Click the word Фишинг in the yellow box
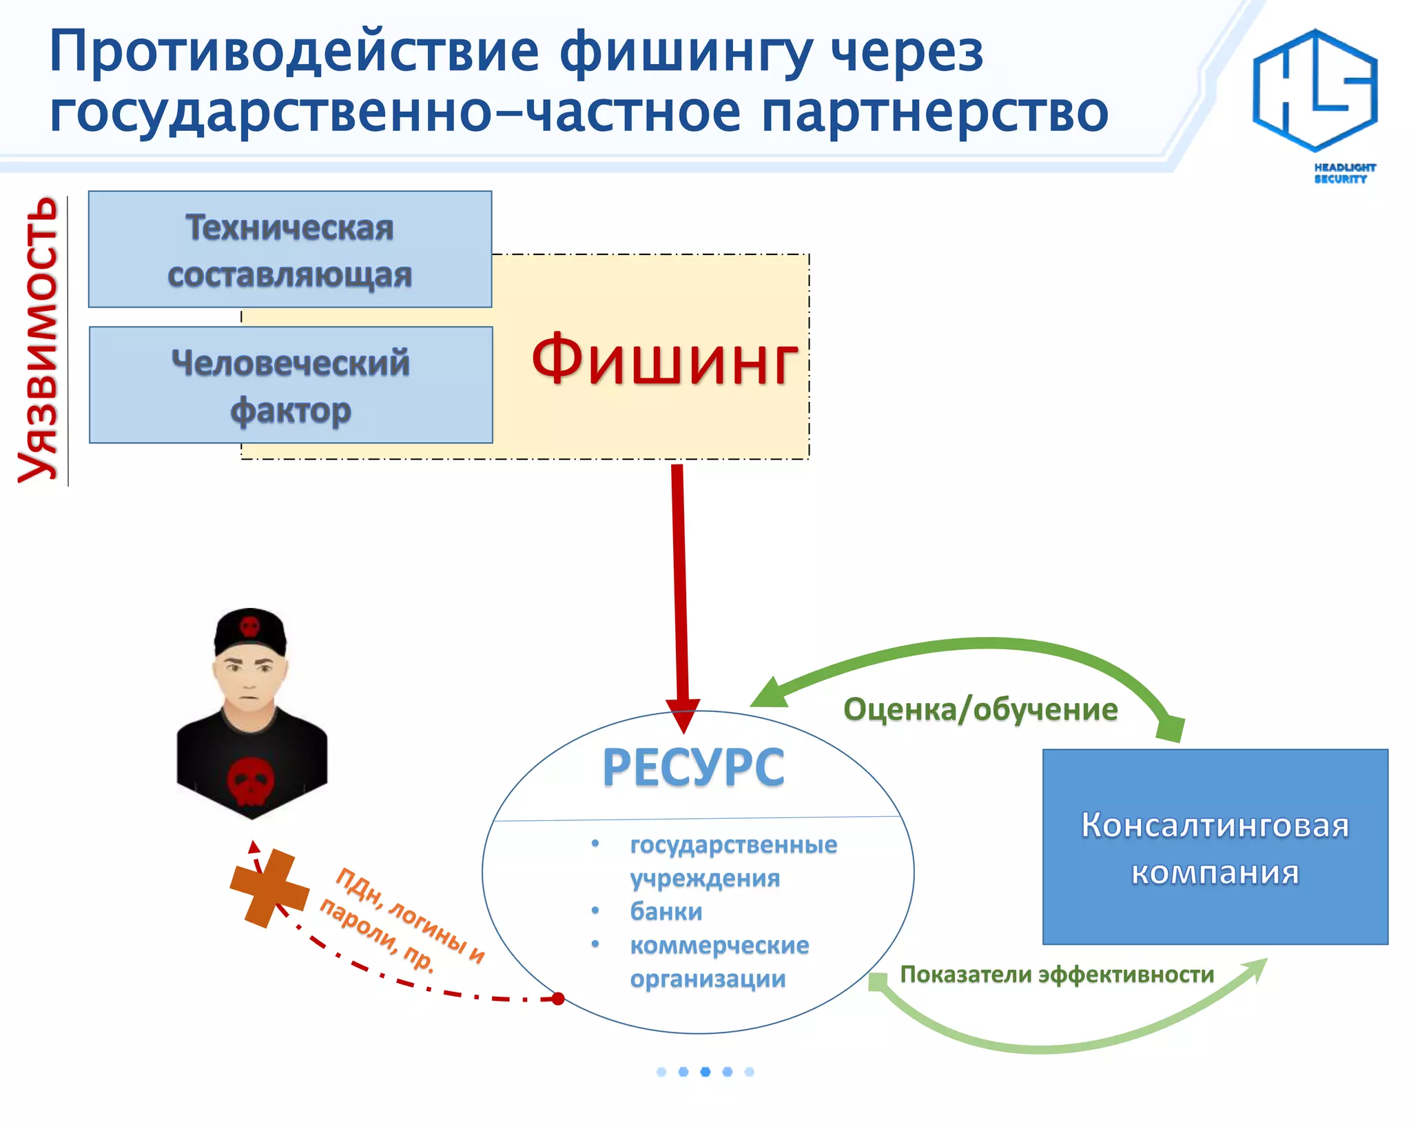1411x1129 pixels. point(664,360)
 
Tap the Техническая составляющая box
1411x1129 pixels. point(290,250)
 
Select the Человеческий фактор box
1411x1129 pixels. point(291,385)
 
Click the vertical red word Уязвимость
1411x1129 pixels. point(39,340)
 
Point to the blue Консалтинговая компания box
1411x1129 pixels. point(1215,847)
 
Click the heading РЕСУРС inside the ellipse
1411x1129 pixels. point(693,767)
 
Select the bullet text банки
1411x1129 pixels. point(666,911)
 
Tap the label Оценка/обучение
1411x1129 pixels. point(980,709)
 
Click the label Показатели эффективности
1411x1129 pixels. point(1057,974)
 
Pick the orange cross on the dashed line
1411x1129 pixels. point(269,888)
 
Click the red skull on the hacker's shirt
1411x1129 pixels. point(251,781)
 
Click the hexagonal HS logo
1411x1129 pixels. point(1315,90)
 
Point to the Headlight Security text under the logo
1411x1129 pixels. point(1344,173)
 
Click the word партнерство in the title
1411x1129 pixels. point(935,112)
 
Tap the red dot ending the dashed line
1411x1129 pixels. point(558,999)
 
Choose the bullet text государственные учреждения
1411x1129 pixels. point(733,861)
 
